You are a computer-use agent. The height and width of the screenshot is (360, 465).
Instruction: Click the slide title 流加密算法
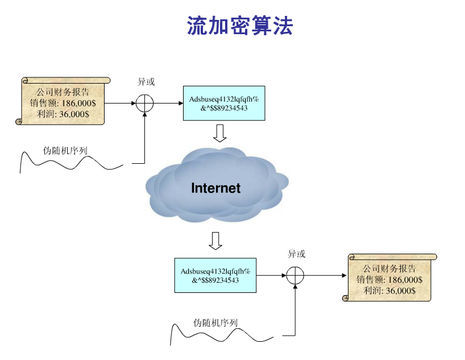[x=239, y=26]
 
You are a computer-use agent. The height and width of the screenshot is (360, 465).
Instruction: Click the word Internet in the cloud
[x=215, y=188]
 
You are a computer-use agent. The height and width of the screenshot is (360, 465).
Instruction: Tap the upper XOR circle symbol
[x=145, y=104]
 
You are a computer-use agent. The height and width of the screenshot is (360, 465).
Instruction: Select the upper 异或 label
[x=146, y=82]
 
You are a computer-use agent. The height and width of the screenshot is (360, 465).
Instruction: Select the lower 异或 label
[x=296, y=254]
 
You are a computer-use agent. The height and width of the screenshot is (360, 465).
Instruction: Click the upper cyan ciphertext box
[x=223, y=103]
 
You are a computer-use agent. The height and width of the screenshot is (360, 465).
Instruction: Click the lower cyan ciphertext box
[x=215, y=275]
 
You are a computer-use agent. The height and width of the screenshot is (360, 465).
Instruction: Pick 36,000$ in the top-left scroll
[x=74, y=114]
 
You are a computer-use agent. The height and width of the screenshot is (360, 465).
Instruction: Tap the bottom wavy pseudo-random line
[x=222, y=336]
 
